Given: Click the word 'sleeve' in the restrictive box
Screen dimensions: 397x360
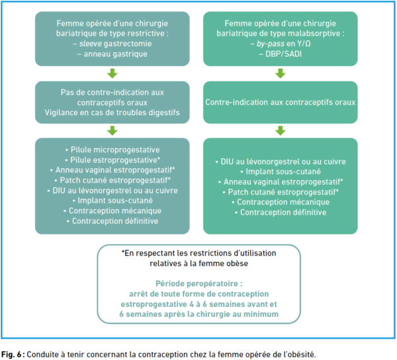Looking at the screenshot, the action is click(x=91, y=44).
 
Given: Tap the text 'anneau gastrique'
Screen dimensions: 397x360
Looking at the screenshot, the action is click(x=115, y=54).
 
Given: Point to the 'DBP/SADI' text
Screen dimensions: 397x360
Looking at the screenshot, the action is click(x=284, y=54).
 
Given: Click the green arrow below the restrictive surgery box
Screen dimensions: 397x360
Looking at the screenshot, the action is click(x=112, y=73).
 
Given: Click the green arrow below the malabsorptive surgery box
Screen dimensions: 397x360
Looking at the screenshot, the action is click(x=281, y=73).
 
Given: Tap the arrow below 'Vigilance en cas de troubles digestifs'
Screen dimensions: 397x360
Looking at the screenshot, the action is click(x=112, y=130).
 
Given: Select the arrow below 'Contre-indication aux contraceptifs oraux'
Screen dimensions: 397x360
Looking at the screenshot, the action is click(x=281, y=130).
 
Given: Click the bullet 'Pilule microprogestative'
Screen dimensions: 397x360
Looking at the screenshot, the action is click(x=112, y=150).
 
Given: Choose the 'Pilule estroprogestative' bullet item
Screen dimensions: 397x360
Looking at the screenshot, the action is click(x=112, y=160).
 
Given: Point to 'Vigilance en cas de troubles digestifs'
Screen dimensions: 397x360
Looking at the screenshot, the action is click(x=112, y=112).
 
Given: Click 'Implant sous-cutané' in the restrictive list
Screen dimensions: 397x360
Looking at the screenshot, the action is click(x=112, y=201).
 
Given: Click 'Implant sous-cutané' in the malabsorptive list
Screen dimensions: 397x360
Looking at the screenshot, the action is click(x=281, y=171).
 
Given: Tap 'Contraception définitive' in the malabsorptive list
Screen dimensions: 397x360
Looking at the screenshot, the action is click(x=281, y=212).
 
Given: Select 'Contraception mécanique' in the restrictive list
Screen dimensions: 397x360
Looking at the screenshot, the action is click(x=112, y=210).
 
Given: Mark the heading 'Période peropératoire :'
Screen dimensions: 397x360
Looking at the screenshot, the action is click(x=198, y=283).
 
